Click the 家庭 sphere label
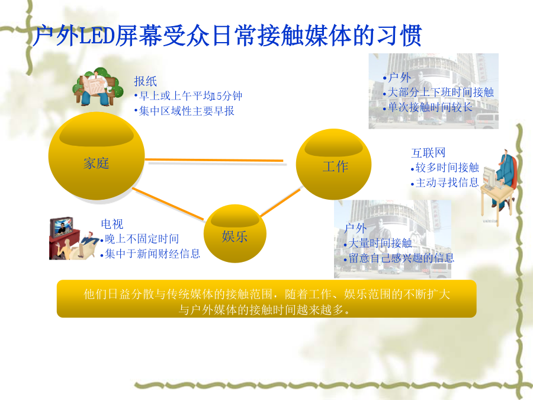[96, 164]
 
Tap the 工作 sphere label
[335, 167]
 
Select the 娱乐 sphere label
[235, 236]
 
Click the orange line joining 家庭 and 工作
[214, 159]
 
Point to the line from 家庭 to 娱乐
[168, 204]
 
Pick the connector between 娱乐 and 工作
[281, 203]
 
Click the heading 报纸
[145, 81]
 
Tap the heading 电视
[112, 224]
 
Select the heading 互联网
[428, 153]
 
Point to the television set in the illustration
[62, 226]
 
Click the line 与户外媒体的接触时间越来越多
[264, 310]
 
